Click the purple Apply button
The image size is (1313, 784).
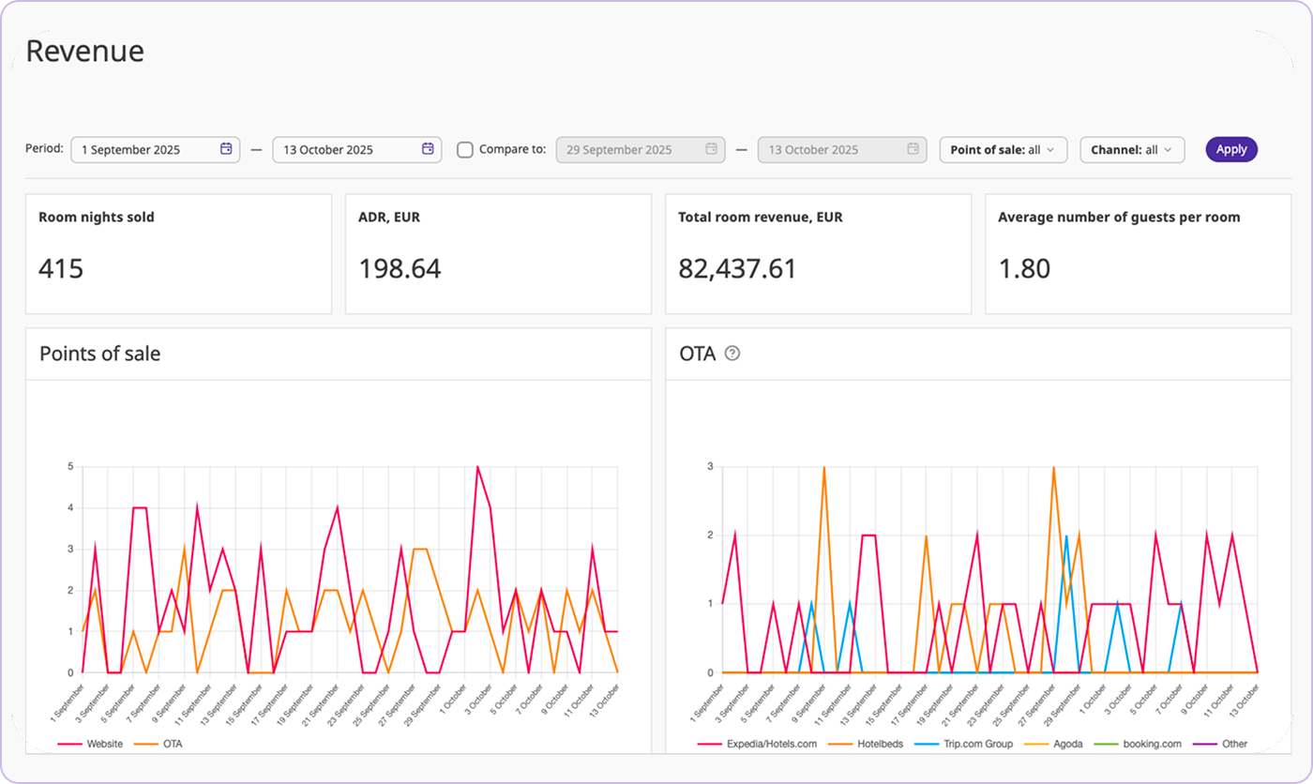click(1230, 149)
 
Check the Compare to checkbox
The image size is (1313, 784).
click(465, 150)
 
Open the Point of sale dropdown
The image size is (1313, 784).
click(1003, 150)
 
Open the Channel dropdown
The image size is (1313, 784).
click(1131, 150)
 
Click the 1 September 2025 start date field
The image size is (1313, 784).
click(145, 150)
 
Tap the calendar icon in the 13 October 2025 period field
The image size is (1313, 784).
click(428, 149)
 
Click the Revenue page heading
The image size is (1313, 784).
click(84, 52)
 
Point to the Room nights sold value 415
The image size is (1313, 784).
click(61, 269)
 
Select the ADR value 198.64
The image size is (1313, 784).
click(400, 269)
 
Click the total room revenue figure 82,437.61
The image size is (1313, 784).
click(737, 269)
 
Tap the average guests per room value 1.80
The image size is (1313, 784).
click(1024, 269)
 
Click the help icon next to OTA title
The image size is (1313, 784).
click(732, 354)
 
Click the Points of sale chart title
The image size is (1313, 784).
click(99, 354)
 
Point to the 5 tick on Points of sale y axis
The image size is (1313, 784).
click(69, 467)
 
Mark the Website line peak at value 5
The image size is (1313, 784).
click(477, 467)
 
